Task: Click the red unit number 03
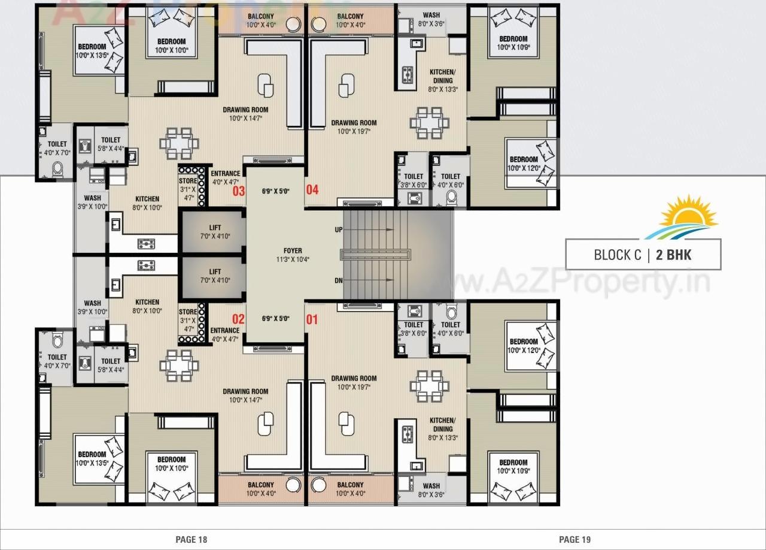239,191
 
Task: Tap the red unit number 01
312,319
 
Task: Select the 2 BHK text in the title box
673,255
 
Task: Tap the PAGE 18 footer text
191,540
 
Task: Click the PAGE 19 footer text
574,540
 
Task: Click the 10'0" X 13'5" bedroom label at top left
92,51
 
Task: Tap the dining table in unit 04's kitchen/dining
429,123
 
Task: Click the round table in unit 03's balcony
293,24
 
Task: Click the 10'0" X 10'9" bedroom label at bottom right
513,466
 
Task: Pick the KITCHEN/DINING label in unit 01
442,425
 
